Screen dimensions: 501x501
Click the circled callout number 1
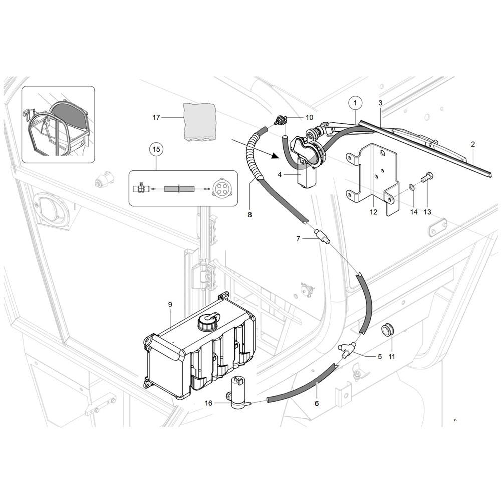click(x=355, y=103)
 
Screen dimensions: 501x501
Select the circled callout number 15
click(x=156, y=149)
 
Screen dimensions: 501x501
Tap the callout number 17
click(x=156, y=118)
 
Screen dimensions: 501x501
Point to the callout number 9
click(x=170, y=305)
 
